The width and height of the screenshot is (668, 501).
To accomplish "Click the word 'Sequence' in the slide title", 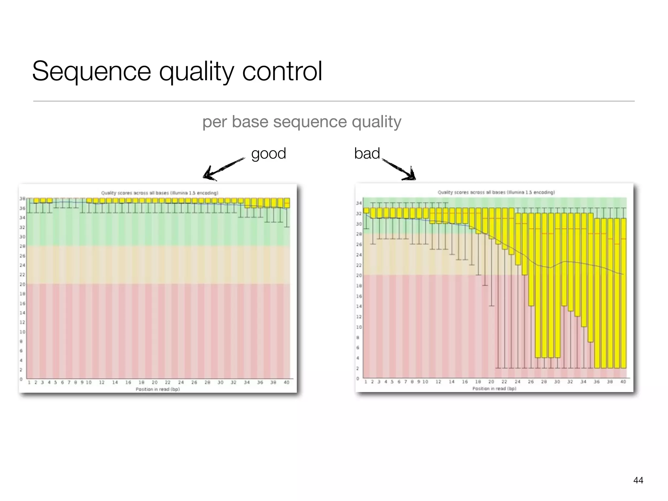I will (x=91, y=71).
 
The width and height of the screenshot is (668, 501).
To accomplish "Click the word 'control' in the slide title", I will (x=282, y=71).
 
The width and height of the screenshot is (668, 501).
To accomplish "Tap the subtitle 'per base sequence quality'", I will (x=302, y=122).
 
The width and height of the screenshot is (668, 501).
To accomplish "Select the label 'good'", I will (x=268, y=153).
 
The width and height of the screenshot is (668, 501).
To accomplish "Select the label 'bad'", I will (x=367, y=153).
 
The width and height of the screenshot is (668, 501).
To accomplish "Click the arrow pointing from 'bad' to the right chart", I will (x=399, y=169).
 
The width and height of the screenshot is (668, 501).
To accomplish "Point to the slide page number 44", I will (x=638, y=480).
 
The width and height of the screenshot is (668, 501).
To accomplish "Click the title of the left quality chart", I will (x=159, y=193).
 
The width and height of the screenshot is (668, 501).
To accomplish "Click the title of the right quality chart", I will (x=496, y=192).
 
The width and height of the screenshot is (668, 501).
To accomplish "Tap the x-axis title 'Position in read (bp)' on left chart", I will (x=158, y=389).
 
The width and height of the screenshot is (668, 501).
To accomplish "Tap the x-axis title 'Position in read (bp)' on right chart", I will (x=494, y=388).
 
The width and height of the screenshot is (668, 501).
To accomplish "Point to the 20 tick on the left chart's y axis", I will (x=22, y=284).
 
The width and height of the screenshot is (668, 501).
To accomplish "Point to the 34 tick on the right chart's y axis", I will (x=359, y=203).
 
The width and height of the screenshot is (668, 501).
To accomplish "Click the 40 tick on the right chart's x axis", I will (x=623, y=382).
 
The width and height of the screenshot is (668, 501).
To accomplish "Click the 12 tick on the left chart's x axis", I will (x=102, y=382).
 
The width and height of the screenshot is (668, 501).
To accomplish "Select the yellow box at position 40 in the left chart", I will (x=287, y=203).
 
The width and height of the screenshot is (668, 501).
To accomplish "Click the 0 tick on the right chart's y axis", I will (x=358, y=379).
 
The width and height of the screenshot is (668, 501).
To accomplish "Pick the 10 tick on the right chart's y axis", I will (x=359, y=327).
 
